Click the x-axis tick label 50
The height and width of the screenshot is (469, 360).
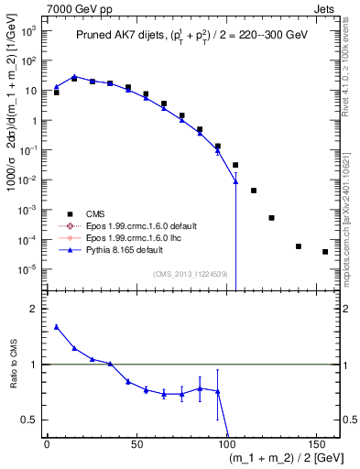(136, 444)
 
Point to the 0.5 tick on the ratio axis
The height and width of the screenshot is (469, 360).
(30, 420)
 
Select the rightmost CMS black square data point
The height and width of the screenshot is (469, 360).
(325, 252)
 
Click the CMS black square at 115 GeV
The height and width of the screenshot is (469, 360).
(254, 191)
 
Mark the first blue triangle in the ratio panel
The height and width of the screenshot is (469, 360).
(57, 326)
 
